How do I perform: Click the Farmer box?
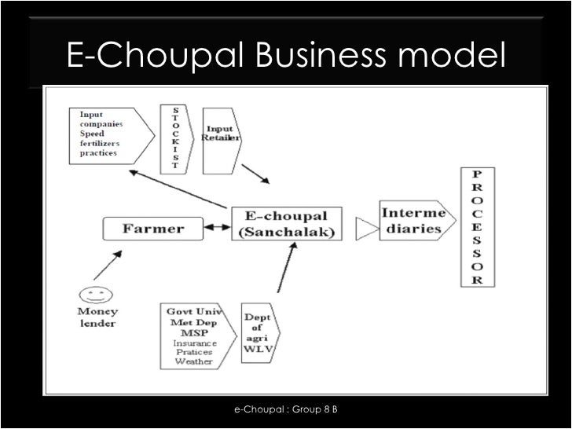coord(152,229)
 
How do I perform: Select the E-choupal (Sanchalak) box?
coord(286,224)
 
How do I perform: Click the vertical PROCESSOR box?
coord(478,227)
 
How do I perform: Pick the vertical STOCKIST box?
coord(174,137)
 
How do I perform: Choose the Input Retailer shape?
coord(222,137)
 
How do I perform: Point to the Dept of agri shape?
coord(259,335)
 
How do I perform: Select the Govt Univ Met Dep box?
coord(194,335)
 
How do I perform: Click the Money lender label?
coord(97,317)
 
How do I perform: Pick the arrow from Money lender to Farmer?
coord(107,266)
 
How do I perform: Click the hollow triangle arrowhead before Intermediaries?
coord(365,229)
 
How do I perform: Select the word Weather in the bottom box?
coord(194,361)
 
